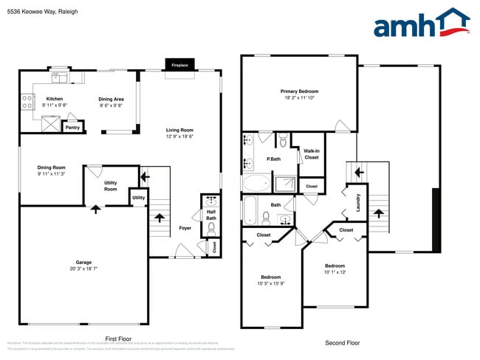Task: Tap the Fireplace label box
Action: coord(180,65)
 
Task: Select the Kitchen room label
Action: coord(55,98)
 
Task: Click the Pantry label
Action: coord(72,128)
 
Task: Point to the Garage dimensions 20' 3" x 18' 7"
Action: coord(83,269)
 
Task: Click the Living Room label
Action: coord(179,131)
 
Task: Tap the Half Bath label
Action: coord(210,214)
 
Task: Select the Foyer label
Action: coord(185,228)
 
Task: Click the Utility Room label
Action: coord(111,186)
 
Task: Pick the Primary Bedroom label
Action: coord(299,91)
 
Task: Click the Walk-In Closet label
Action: coord(311,153)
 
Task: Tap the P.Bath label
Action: coord(274,159)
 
